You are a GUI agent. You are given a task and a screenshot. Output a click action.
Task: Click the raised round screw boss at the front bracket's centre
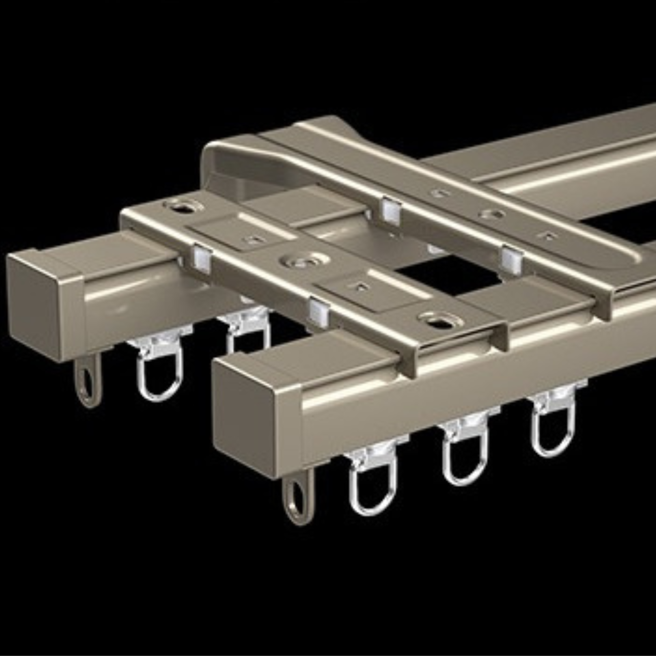pyautogui.click(x=303, y=261)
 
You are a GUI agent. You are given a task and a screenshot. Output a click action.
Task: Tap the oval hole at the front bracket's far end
pyautogui.click(x=184, y=206)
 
